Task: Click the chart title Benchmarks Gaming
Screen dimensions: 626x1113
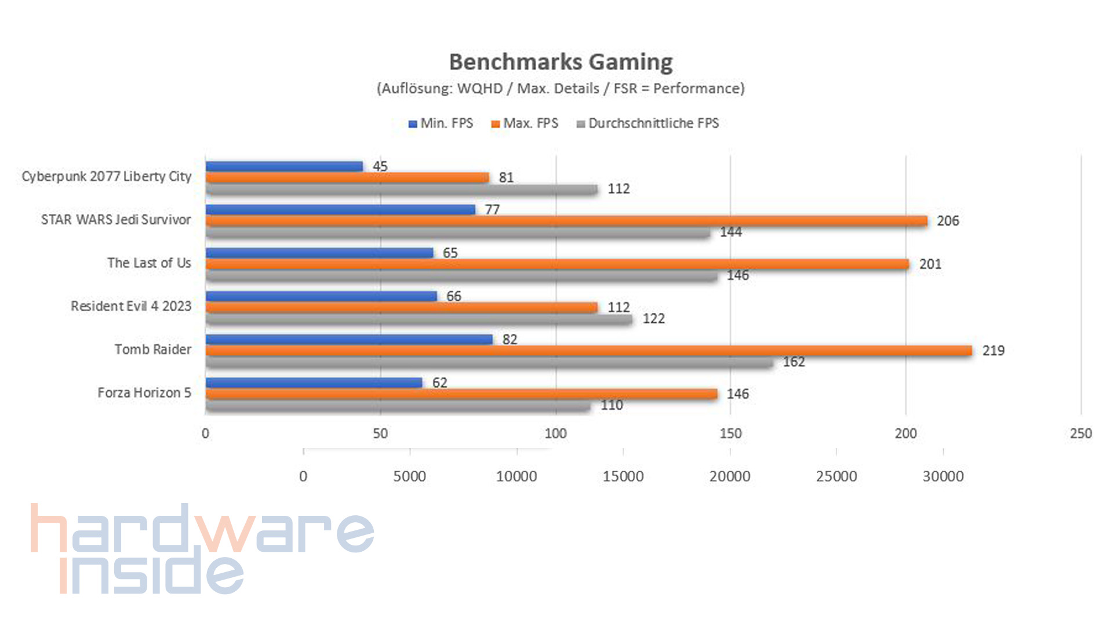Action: [x=561, y=62]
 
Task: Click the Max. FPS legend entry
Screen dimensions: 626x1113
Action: [x=525, y=123]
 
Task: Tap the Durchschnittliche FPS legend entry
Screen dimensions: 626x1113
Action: [x=648, y=123]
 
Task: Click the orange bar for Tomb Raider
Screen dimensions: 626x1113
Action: [x=588, y=351]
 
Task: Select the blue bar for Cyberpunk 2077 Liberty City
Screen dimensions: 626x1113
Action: [x=284, y=166]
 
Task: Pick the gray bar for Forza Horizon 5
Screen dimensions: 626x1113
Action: [x=398, y=405]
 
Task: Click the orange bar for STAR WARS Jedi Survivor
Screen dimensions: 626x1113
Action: [x=566, y=221]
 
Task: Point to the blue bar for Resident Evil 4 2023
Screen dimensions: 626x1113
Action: [x=321, y=296]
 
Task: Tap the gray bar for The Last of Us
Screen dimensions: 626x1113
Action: [x=461, y=275]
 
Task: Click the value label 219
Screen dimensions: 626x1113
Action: [x=993, y=351]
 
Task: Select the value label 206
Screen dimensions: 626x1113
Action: [x=948, y=221]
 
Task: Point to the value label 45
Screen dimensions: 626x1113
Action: [x=380, y=166]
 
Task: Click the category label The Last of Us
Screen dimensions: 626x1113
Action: [x=149, y=263]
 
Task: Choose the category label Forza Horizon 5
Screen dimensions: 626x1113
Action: [x=144, y=393]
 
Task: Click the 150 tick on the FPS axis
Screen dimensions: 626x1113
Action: [x=730, y=434]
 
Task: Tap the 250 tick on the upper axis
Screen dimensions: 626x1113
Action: [x=1081, y=434]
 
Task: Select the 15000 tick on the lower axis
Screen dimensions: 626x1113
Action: [x=623, y=476]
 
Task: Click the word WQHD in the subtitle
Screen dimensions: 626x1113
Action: [x=479, y=89]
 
